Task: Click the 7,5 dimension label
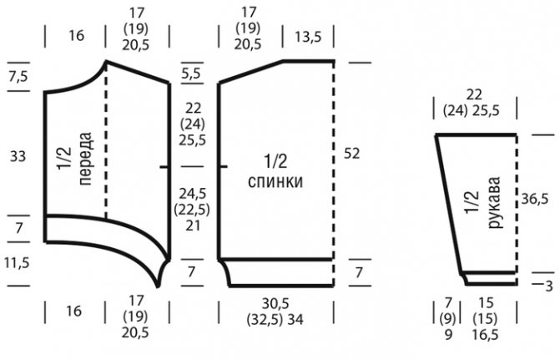(x=18, y=77)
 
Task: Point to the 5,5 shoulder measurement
(x=191, y=74)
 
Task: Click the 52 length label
(x=352, y=153)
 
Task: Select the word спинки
(x=275, y=180)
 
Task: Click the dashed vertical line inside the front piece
(x=106, y=150)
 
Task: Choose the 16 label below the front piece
(x=74, y=311)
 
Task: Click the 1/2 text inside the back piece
(x=275, y=159)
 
